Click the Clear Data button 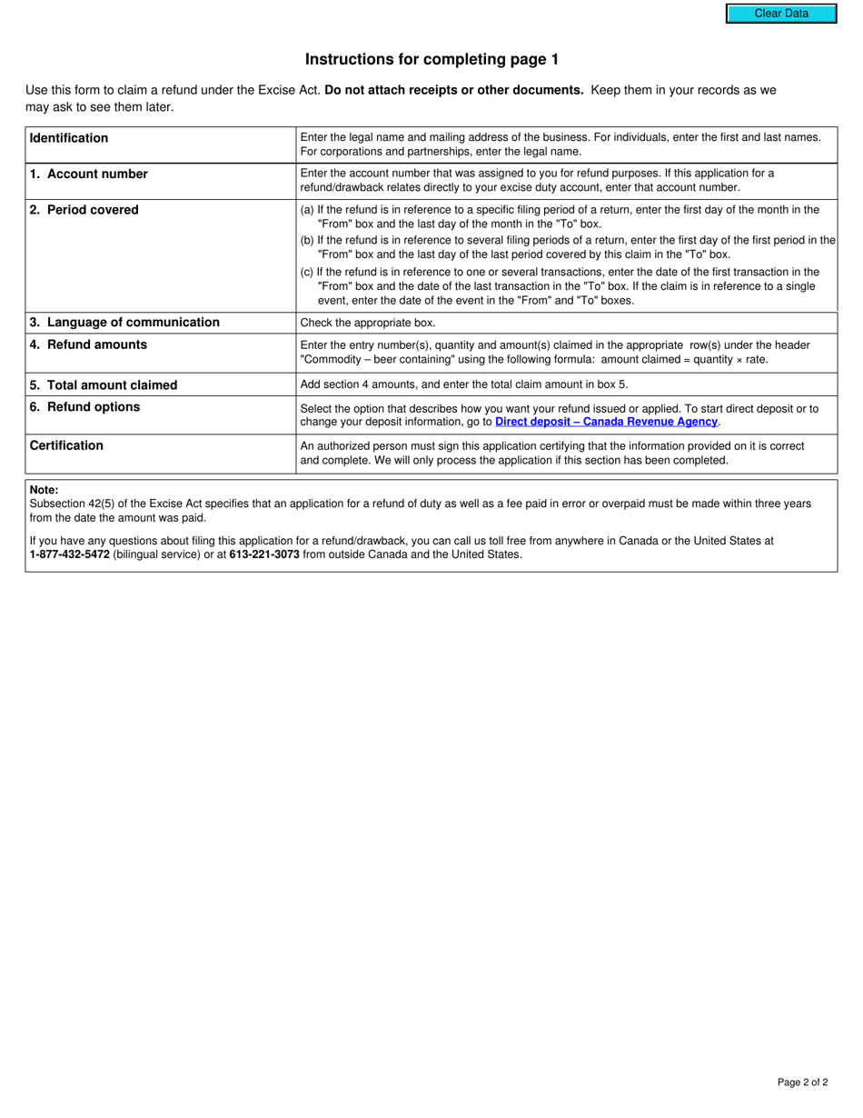point(780,14)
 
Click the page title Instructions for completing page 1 point(431,60)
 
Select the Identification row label point(69,138)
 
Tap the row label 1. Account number point(88,174)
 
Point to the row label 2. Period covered point(84,210)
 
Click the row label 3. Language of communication point(124,323)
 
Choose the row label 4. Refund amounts point(88,344)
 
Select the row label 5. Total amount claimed point(104,384)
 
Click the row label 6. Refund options point(84,407)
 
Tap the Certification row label point(66,445)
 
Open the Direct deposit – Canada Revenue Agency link point(606,422)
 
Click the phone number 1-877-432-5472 point(70,554)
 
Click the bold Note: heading point(45,490)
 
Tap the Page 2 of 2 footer point(802,1082)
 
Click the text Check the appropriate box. point(368,323)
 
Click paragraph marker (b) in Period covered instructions point(307,241)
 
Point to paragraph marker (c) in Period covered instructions point(307,272)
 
